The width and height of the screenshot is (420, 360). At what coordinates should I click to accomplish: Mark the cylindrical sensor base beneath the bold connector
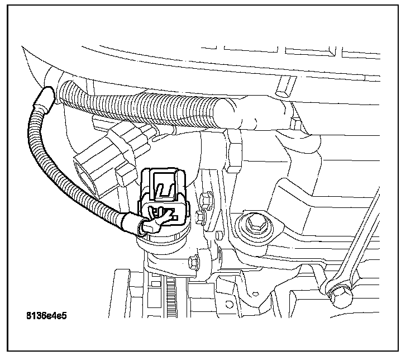[162, 240]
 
